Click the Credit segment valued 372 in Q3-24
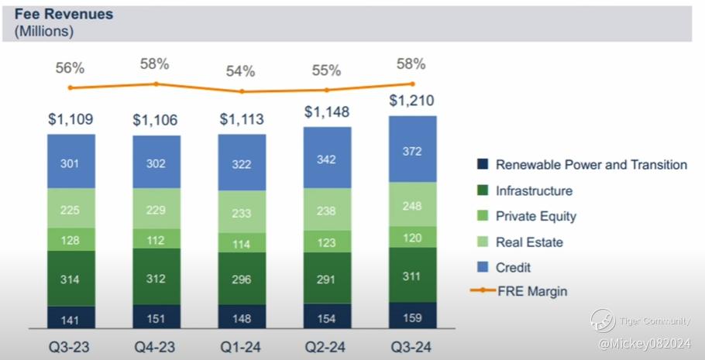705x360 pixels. [x=413, y=149]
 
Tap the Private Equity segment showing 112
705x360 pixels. [x=156, y=238]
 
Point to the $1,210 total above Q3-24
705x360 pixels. [x=412, y=100]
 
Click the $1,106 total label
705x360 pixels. [x=155, y=120]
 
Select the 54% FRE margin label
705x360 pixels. [x=240, y=71]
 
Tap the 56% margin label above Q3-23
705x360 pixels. [x=70, y=68]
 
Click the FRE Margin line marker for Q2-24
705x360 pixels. [x=327, y=90]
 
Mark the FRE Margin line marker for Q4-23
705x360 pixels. [x=156, y=84]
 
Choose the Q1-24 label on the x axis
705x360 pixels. [x=240, y=347]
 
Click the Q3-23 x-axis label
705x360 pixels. [x=69, y=347]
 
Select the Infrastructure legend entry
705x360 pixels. [x=524, y=190]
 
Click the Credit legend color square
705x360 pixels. [x=482, y=267]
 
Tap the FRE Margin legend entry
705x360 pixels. [x=518, y=291]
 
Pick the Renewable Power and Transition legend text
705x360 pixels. [x=591, y=164]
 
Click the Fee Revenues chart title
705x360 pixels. [x=64, y=14]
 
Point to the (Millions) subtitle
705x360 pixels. [x=43, y=32]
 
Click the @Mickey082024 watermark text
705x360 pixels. [x=644, y=345]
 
